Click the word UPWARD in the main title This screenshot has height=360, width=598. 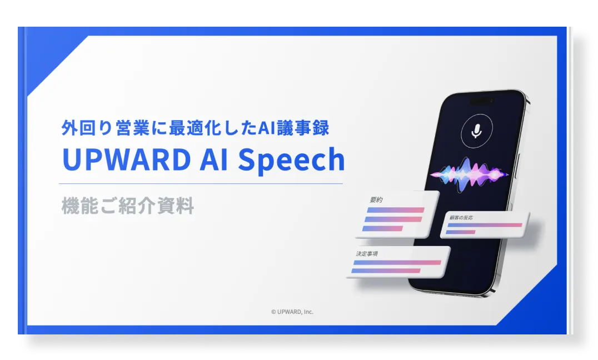tap(126, 159)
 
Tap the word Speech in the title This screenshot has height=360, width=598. tap(291, 160)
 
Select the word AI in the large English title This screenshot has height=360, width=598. tap(213, 159)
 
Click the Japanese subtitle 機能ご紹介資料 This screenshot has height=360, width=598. tap(128, 206)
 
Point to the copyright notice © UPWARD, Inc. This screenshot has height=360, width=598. tap(292, 312)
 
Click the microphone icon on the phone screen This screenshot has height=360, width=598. tap(476, 131)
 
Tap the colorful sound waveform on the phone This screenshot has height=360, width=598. tap(469, 174)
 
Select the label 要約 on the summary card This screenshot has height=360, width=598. tap(376, 200)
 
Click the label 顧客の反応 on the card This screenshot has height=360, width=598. tap(461, 218)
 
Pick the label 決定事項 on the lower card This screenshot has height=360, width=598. tap(367, 253)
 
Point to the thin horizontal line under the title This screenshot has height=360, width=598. tap(201, 184)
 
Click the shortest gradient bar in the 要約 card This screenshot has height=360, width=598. tap(382, 228)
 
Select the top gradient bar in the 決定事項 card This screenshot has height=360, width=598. tap(397, 263)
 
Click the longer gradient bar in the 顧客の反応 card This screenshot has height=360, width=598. tap(485, 225)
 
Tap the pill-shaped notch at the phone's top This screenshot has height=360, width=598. tap(481, 101)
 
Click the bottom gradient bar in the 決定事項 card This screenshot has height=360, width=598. tap(386, 271)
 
